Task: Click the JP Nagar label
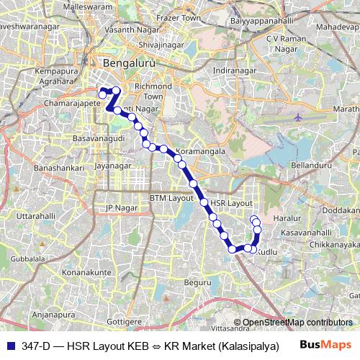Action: pos(120,208)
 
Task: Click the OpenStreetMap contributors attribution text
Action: pos(297,322)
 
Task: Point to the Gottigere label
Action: pos(124,319)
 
